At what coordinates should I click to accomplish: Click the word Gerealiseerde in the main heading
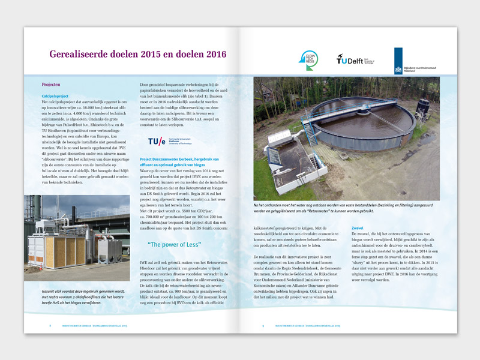(83, 55)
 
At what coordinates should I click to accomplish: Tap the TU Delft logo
(352, 60)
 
